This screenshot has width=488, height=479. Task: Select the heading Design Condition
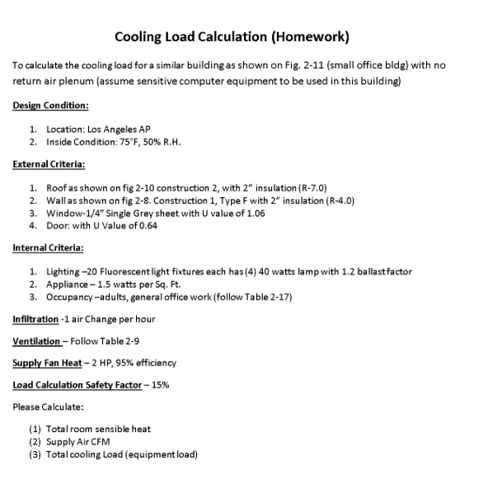click(x=50, y=106)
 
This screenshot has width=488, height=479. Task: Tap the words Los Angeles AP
click(x=116, y=129)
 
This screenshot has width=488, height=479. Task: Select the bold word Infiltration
click(x=35, y=319)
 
